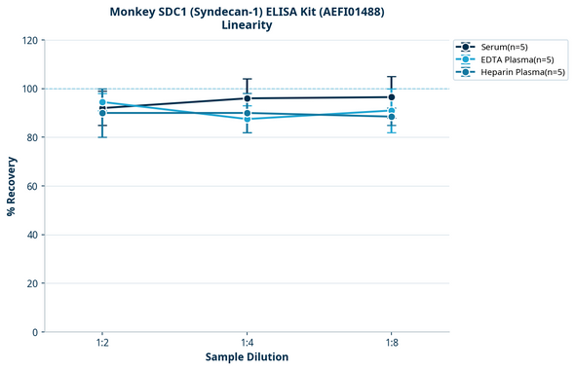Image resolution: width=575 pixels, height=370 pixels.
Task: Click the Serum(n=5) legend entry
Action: [x=504, y=47]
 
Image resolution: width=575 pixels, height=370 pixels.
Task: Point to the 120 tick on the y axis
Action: [x=31, y=40]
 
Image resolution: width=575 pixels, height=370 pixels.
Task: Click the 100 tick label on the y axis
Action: [x=31, y=89]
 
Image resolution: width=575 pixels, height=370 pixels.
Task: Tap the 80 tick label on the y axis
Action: [x=33, y=137]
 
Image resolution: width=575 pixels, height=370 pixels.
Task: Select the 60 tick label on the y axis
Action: [x=33, y=186]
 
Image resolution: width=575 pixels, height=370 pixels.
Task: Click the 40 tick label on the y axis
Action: [x=33, y=235]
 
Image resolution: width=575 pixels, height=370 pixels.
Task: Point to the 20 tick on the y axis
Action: [x=33, y=283]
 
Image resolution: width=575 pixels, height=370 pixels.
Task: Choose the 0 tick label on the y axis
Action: [x=36, y=332]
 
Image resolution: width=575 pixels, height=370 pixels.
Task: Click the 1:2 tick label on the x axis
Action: [x=102, y=343]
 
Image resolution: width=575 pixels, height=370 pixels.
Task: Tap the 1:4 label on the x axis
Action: [x=247, y=343]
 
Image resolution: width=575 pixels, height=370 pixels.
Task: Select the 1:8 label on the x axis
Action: [x=391, y=343]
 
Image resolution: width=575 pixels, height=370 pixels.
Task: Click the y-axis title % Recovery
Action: [x=12, y=186]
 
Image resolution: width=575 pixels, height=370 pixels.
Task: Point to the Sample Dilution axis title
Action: [x=247, y=357]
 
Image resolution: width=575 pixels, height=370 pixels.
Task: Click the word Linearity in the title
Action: [x=247, y=25]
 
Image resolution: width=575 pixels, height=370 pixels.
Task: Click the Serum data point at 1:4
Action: [x=247, y=98]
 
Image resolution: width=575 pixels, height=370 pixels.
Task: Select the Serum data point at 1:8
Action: [x=391, y=97]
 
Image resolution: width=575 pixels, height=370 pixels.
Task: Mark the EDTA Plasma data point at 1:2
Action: [x=102, y=102]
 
